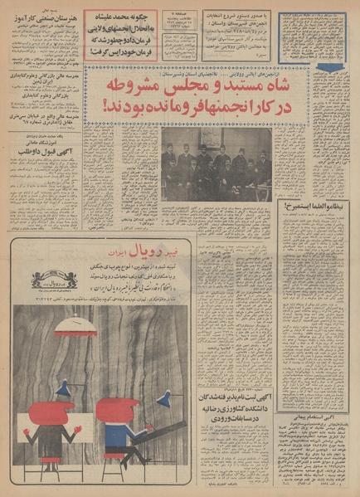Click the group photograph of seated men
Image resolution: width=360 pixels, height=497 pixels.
point(216,163)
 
